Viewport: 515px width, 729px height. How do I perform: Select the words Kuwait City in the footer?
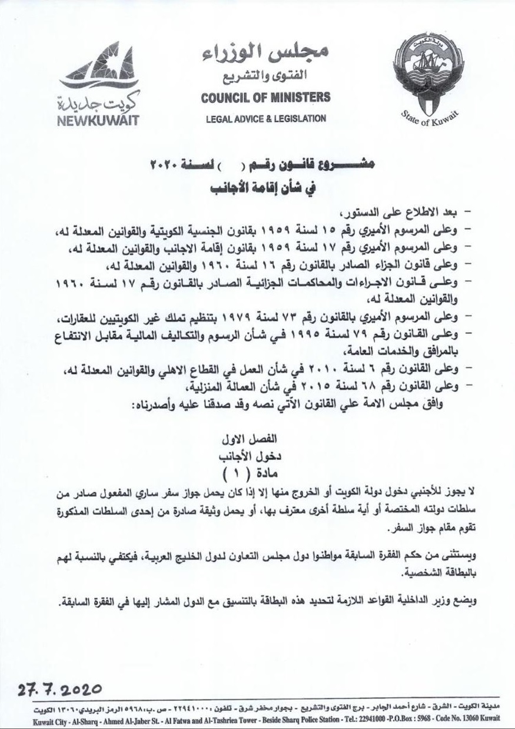[29, 718]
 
